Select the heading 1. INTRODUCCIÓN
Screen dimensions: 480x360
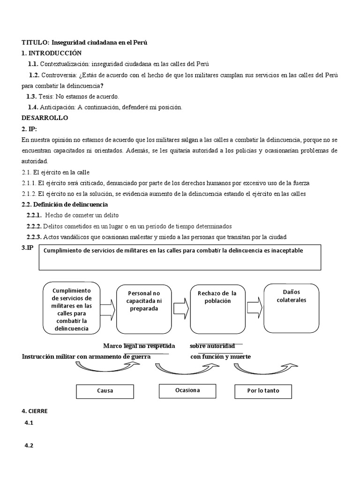tap(52, 53)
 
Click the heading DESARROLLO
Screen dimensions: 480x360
tap(45, 118)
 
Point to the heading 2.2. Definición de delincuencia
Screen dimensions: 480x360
tap(65, 204)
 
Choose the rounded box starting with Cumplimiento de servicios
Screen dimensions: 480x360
tap(71, 307)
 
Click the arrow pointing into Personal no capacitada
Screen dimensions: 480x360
tap(107, 309)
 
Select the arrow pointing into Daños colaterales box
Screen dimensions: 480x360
tap(255, 309)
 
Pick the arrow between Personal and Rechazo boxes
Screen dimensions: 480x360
tap(181, 309)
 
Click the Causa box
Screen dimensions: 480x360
tap(105, 390)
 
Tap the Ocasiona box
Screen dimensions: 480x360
tap(187, 390)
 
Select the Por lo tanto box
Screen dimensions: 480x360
tap(263, 390)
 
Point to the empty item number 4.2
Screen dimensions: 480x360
tap(29, 445)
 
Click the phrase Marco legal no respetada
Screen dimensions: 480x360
tap(139, 346)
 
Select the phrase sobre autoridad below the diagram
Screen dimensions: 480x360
tap(212, 346)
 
